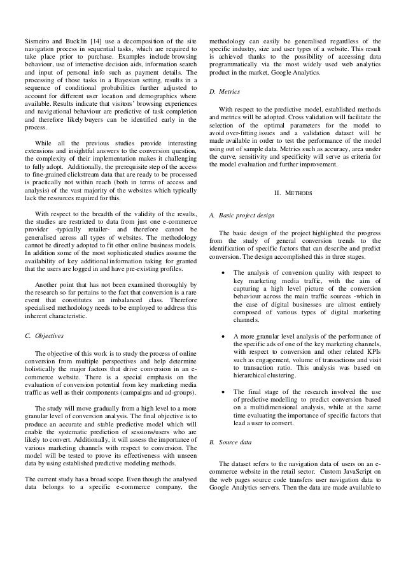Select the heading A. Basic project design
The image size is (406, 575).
(246, 218)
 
